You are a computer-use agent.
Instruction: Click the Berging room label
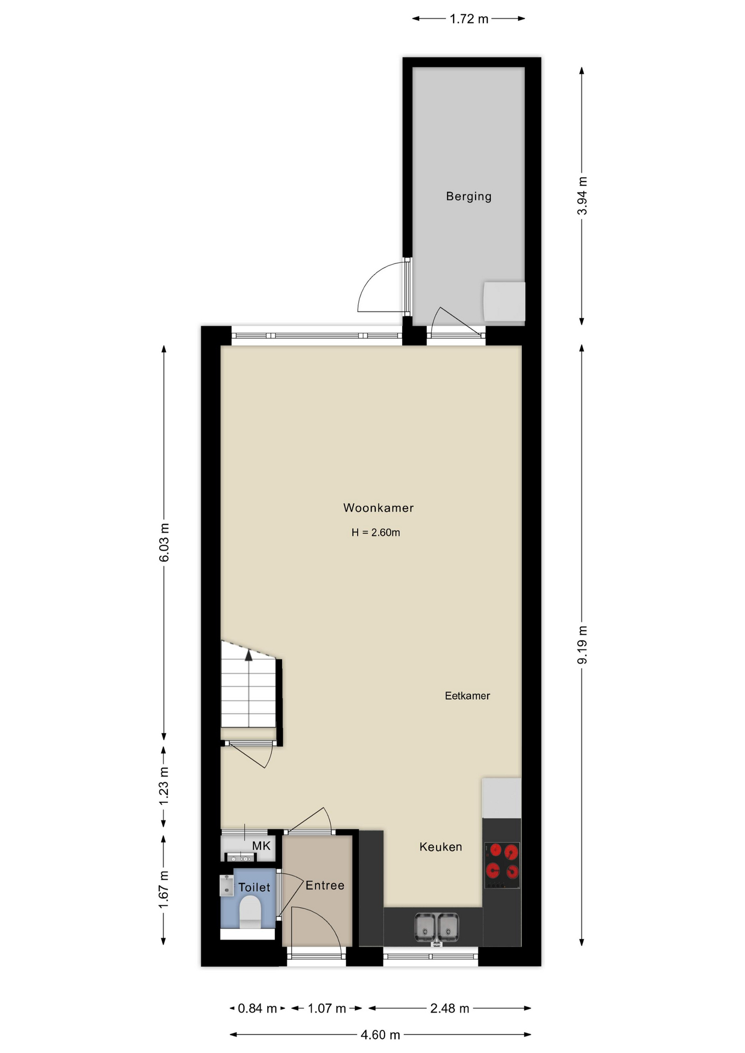(x=469, y=196)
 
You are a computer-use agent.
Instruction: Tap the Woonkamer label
(x=379, y=508)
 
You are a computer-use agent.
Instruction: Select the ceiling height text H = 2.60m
(x=376, y=533)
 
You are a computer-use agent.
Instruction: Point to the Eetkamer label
(x=467, y=696)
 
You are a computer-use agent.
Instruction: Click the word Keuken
(x=441, y=847)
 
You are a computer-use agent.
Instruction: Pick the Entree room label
(x=325, y=885)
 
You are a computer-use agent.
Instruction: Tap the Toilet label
(x=254, y=887)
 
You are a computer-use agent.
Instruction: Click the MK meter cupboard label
(x=261, y=846)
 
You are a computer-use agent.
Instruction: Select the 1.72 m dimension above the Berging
(x=469, y=19)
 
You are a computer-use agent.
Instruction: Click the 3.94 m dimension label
(x=582, y=196)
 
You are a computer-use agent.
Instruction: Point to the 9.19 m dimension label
(x=582, y=645)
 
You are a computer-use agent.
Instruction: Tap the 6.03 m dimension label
(x=164, y=542)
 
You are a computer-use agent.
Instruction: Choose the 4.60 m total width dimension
(x=380, y=1035)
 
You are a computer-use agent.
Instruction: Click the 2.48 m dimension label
(x=450, y=1008)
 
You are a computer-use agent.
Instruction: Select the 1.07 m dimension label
(x=327, y=1008)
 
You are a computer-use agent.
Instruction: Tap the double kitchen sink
(x=437, y=927)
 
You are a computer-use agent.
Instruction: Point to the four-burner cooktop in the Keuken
(x=502, y=865)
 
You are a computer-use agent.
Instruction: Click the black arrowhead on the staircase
(x=249, y=655)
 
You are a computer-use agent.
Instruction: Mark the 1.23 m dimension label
(x=164, y=786)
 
